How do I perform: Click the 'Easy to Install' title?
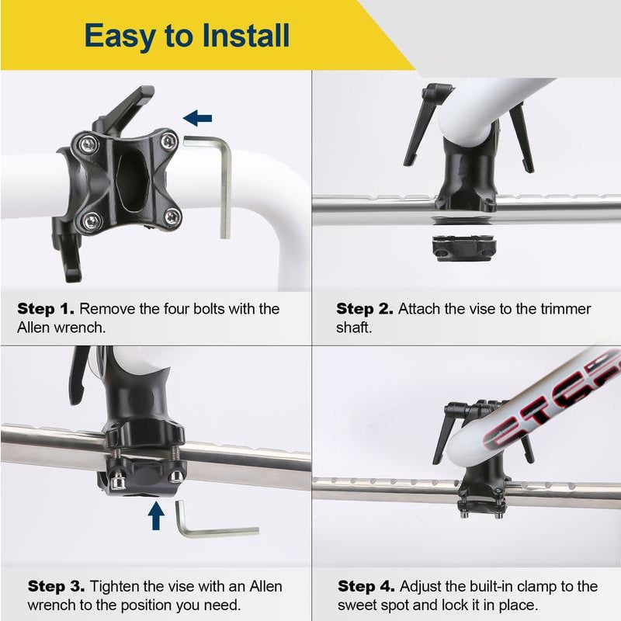(x=186, y=36)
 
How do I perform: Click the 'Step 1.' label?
(x=47, y=309)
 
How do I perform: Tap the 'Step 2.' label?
(x=366, y=309)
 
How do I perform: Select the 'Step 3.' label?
(x=57, y=586)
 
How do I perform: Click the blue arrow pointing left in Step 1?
(x=198, y=118)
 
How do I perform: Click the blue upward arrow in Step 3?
(x=157, y=515)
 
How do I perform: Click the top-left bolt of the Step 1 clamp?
(x=88, y=144)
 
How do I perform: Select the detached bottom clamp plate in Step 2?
(x=464, y=247)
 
